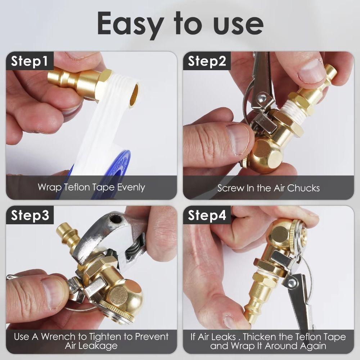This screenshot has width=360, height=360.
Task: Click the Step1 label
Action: click(30, 61)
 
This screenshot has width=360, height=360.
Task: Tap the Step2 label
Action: click(207, 61)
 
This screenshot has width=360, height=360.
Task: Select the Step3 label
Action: click(30, 215)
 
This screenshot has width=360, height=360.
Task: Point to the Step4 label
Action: click(207, 215)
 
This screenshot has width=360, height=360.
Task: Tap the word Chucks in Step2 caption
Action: click(305, 188)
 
